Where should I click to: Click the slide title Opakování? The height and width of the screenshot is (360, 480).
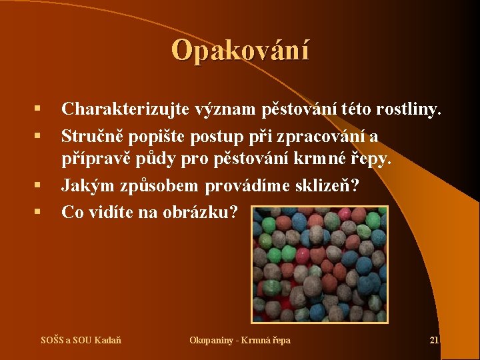click(x=240, y=50)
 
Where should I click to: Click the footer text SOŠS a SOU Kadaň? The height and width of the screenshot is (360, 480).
click(x=81, y=341)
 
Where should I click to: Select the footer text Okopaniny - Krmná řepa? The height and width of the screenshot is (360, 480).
click(x=240, y=341)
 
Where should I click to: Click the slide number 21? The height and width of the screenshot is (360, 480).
click(x=434, y=341)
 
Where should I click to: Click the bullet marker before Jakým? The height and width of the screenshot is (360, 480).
click(x=39, y=185)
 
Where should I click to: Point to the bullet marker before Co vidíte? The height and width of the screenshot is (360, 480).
click(x=39, y=211)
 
